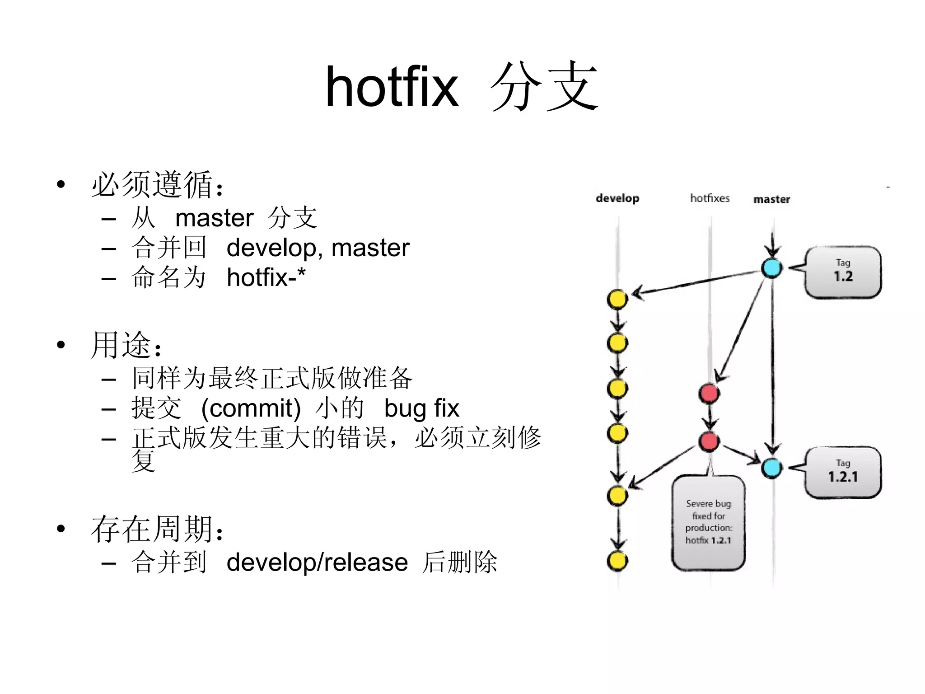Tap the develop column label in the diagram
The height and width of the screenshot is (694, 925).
click(617, 198)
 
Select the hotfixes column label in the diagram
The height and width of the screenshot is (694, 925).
click(710, 198)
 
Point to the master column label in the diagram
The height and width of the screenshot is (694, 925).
click(772, 199)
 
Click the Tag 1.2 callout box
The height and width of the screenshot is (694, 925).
click(843, 272)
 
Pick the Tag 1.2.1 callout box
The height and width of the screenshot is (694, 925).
click(843, 472)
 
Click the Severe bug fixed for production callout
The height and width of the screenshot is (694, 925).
click(708, 522)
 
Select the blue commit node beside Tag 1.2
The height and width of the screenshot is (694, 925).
click(772, 268)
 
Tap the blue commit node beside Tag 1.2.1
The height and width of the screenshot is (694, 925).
click(772, 468)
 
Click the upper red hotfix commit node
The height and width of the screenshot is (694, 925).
click(709, 394)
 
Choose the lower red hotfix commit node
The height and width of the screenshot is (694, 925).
click(709, 441)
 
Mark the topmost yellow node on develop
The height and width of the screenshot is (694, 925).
click(617, 299)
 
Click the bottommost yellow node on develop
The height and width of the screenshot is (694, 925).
click(617, 561)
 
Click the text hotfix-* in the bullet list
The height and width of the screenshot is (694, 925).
click(266, 277)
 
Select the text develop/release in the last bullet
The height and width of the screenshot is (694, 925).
click(317, 563)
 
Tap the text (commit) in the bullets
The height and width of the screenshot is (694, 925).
click(251, 408)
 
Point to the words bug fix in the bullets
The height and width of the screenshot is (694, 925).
click(421, 408)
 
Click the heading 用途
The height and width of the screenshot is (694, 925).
click(121, 346)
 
